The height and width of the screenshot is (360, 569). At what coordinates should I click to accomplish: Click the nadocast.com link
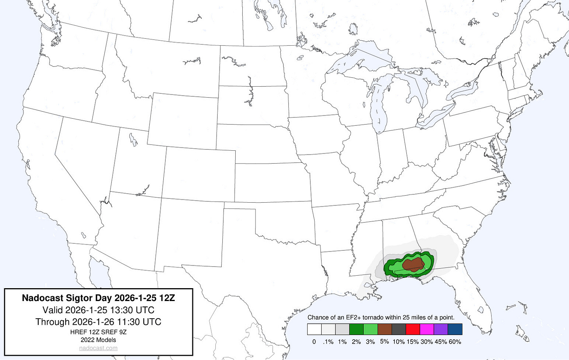(98, 348)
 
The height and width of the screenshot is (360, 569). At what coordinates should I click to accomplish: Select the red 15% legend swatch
(413, 329)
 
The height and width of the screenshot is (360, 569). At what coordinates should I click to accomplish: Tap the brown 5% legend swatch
(385, 329)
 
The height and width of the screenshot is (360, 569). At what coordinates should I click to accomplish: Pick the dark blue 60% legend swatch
(455, 329)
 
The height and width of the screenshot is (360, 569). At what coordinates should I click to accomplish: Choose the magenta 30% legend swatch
(427, 329)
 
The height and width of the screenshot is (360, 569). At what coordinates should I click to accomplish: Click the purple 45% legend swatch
(441, 329)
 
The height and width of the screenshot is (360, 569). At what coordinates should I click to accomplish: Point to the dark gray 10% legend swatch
(399, 329)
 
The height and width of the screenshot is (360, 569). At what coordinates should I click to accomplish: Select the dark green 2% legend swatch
(356, 329)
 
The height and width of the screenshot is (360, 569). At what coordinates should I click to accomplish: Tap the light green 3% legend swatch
(370, 329)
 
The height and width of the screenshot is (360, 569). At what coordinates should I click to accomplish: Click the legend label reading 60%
(455, 342)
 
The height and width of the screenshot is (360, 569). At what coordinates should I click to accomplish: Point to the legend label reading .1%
(328, 342)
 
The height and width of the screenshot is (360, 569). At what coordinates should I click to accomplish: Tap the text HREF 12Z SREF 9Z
(98, 332)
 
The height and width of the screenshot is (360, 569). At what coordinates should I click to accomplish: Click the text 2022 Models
(98, 340)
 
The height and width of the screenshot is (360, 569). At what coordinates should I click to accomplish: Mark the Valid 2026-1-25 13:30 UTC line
(98, 310)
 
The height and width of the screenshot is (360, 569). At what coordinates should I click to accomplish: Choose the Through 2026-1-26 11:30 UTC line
(98, 322)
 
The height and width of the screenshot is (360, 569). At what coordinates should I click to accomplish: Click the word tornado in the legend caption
(374, 317)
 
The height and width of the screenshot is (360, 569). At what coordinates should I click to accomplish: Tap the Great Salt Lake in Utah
(133, 139)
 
